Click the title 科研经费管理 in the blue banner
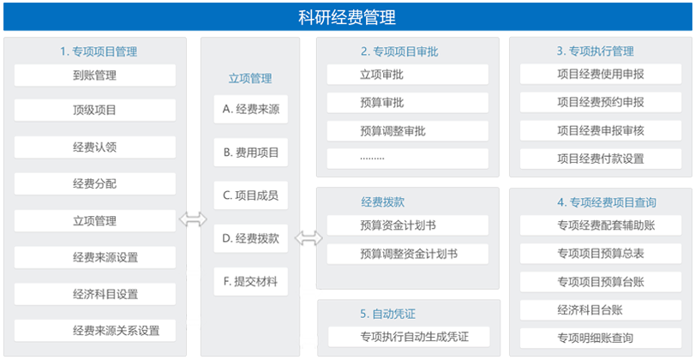[347, 17]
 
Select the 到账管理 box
[95, 75]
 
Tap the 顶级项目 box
[95, 110]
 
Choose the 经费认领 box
[95, 147]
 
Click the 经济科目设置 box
[95, 294]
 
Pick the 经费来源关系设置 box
[95, 330]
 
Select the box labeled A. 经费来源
[251, 109]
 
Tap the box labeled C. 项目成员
[251, 195]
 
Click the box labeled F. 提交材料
[251, 281]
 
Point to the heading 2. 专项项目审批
[399, 52]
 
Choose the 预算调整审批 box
[408, 131]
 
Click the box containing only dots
[408, 159]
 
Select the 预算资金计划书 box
[408, 225]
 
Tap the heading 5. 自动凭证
[388, 315]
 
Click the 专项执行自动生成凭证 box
[409, 337]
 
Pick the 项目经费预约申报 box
[601, 102]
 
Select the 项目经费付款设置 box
[601, 159]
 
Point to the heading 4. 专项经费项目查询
[607, 202]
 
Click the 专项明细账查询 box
[601, 339]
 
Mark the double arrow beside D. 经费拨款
[309, 237]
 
